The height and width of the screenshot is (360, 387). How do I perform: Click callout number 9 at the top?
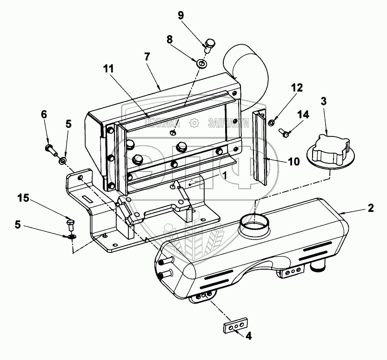click(181, 15)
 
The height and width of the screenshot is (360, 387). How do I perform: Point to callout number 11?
click(108, 68)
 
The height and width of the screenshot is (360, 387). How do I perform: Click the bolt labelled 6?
click(50, 149)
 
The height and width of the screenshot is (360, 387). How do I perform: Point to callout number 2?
click(371, 208)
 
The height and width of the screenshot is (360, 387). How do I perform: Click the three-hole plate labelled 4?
click(234, 327)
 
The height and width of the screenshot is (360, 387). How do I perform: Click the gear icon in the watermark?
click(193, 123)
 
